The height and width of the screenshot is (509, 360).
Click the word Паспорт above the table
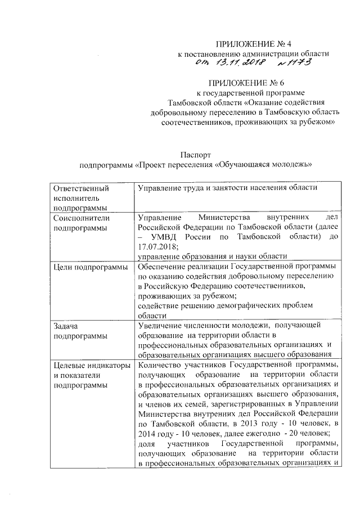tap(195, 154)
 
